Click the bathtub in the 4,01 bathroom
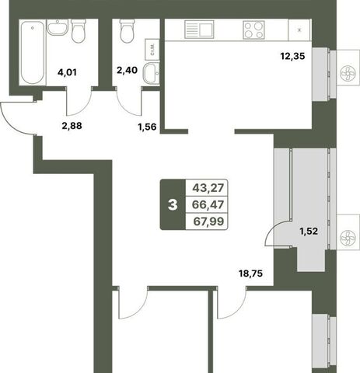tap(33, 52)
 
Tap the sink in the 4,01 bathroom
tap(58, 27)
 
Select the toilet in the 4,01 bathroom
tap(79, 31)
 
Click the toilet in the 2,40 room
tap(128, 31)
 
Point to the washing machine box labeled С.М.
tap(152, 50)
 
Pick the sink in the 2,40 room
tap(152, 73)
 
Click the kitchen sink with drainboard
tap(199, 30)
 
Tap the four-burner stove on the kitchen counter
tap(253, 30)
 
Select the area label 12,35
tap(292, 56)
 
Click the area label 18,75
tap(250, 274)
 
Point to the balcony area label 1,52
tap(309, 231)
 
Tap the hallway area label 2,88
tap(72, 126)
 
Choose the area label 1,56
tap(147, 127)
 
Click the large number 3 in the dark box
tap(173, 205)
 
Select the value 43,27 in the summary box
tap(208, 188)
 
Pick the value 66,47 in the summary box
tap(208, 204)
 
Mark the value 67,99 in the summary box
tap(208, 221)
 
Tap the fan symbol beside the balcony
tap(346, 237)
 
